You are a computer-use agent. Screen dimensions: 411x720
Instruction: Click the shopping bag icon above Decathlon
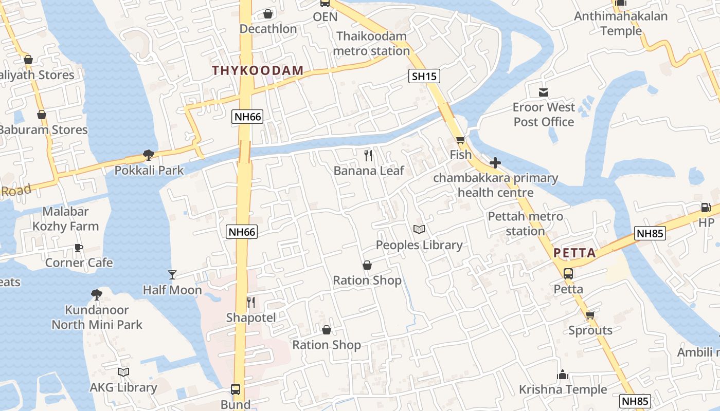267,14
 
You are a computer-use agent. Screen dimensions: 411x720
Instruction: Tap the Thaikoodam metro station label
371,44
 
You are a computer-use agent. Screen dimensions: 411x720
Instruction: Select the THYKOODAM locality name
258,71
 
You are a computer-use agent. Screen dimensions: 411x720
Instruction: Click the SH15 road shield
424,77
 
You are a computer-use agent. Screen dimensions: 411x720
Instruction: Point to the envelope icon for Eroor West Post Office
544,92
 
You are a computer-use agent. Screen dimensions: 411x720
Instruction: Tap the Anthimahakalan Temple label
621,24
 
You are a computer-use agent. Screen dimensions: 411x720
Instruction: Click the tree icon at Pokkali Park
149,155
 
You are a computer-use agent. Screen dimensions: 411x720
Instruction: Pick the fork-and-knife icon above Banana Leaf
368,155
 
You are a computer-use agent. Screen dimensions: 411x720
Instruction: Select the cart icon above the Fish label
460,140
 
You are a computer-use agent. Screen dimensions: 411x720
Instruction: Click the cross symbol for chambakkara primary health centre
495,163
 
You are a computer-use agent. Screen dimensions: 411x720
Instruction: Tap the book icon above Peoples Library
419,230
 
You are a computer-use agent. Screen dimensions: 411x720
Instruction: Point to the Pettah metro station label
525,223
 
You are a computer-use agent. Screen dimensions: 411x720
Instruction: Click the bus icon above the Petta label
568,274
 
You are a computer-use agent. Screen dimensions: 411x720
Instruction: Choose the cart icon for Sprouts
590,315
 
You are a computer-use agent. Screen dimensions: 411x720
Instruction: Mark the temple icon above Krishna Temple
563,375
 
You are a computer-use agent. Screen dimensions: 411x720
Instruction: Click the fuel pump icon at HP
706,208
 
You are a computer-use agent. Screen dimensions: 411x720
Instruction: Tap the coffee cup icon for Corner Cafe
78,248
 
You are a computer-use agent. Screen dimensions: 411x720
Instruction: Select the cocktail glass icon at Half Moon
172,275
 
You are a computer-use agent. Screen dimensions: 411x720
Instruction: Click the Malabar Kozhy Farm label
66,219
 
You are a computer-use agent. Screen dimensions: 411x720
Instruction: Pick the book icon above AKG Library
123,372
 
